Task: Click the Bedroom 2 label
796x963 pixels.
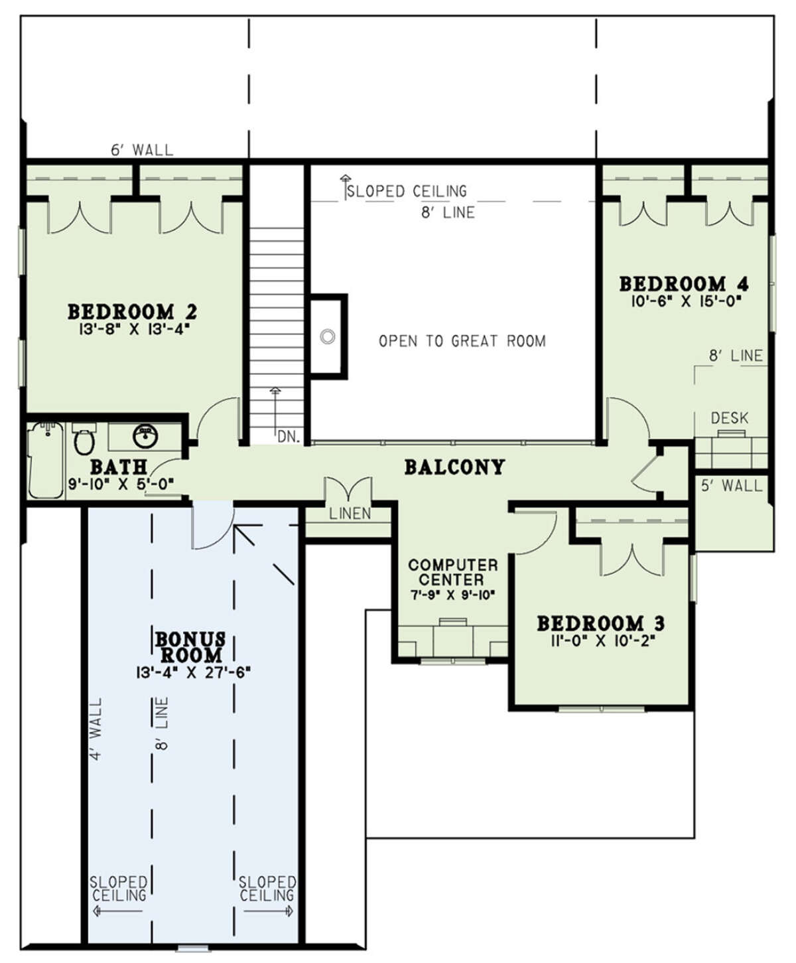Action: (133, 312)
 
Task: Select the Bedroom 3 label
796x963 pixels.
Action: (600, 624)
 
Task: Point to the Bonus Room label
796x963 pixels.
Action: (190, 646)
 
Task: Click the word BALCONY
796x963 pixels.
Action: (454, 467)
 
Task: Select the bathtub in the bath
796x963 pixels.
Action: (46, 461)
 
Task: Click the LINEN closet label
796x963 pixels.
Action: (350, 514)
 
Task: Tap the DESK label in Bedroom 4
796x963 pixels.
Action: (729, 418)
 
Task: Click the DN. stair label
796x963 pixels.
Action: (289, 437)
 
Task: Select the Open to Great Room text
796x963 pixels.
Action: (462, 341)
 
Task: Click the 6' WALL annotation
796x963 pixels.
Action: (142, 150)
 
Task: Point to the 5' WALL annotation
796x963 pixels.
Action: (732, 486)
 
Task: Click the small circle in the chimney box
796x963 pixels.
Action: (328, 336)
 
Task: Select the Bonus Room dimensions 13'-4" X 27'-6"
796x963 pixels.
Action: (193, 672)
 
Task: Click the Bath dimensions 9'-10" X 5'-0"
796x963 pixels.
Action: (121, 484)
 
